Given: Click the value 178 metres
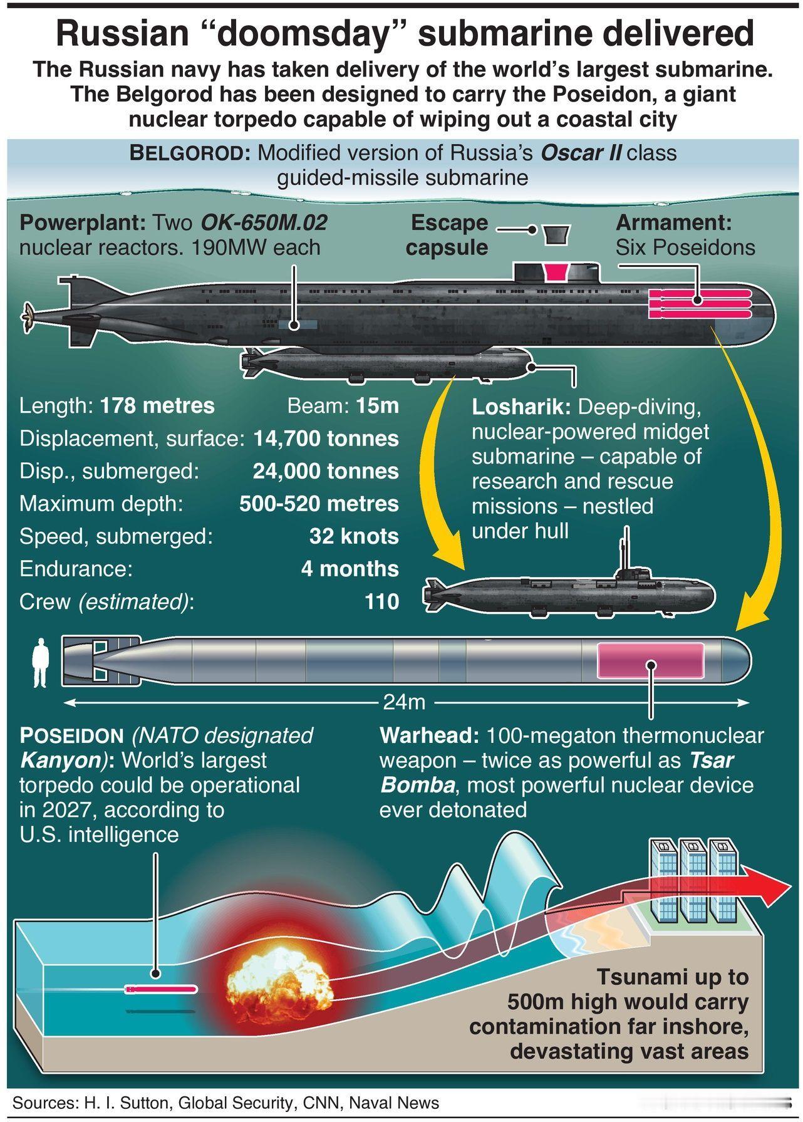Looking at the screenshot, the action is point(157,406).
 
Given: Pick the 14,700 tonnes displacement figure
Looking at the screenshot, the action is point(326,439).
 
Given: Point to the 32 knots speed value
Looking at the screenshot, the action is point(354,536).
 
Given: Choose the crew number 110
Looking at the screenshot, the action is point(382,601).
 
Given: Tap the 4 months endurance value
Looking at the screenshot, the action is point(350,569).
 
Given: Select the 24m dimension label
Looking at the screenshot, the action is point(404,702).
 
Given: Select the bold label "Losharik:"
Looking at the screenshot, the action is point(521,407).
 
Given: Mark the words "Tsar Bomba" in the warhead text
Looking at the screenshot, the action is point(557,772).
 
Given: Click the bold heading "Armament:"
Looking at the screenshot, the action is point(673,222).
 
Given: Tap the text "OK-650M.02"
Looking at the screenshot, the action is point(264,222).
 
